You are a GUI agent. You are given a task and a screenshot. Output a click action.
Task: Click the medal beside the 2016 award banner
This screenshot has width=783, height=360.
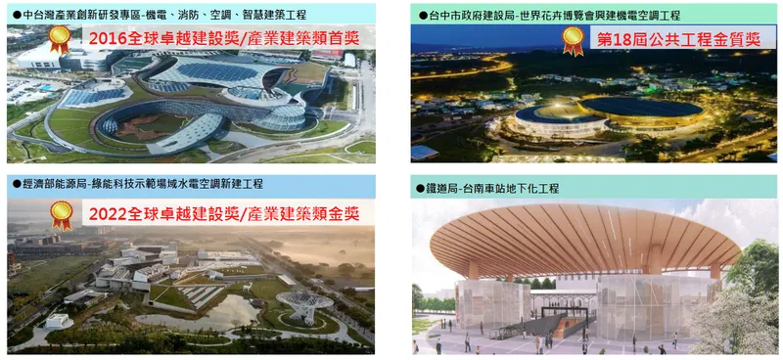[x=60, y=39]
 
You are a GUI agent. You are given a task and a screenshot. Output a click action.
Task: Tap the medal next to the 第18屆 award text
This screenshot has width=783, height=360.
[x=573, y=39]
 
